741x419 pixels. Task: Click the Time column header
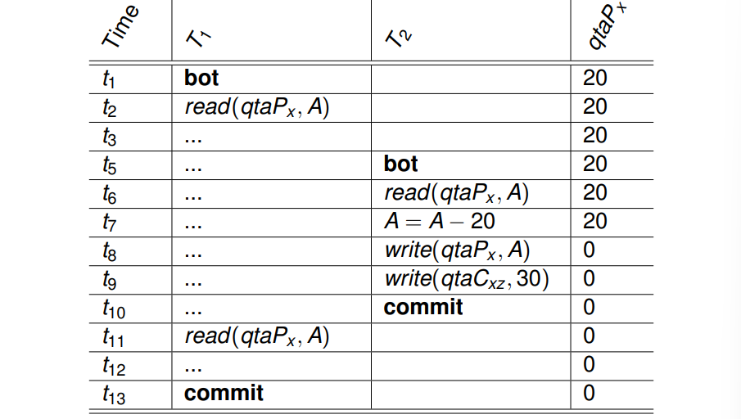click(x=120, y=26)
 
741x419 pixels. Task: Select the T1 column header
click(x=198, y=38)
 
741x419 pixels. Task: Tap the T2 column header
click(x=399, y=38)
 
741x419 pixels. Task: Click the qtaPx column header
click(x=607, y=25)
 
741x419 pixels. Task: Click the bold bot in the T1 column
click(x=201, y=78)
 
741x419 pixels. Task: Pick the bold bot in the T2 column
click(x=400, y=164)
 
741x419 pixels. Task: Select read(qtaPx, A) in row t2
click(x=257, y=107)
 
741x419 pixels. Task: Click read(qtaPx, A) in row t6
click(x=457, y=193)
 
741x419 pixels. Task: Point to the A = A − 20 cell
click(x=440, y=222)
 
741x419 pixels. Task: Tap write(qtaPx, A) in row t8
click(x=458, y=250)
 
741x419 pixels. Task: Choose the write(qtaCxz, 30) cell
click(x=467, y=279)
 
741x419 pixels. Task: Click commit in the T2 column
click(x=423, y=308)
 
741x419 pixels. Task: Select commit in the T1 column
click(x=224, y=394)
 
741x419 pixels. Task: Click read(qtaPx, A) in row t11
click(x=257, y=336)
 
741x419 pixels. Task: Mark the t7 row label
click(x=109, y=222)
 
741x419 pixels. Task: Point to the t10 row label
click(x=114, y=309)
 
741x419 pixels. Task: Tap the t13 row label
click(x=114, y=394)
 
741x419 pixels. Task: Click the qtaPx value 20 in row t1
click(x=595, y=78)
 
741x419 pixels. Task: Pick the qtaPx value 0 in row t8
click(x=589, y=250)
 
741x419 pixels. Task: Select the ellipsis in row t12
click(x=193, y=369)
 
